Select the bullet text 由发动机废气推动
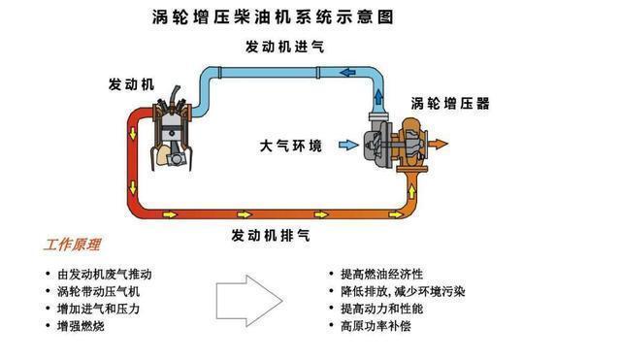coord(105,274)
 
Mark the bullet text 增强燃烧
coord(81,326)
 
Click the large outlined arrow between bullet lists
coord(246,298)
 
